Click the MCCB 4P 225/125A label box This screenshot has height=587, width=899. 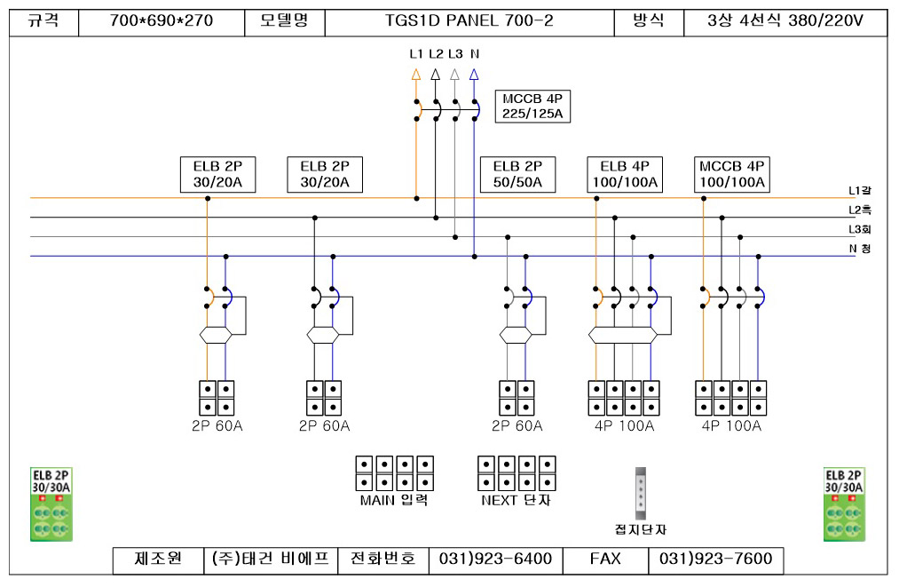point(532,107)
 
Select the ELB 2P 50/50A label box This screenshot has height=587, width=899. point(517,174)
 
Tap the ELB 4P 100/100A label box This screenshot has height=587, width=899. point(625,174)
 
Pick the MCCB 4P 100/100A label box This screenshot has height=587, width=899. point(731,174)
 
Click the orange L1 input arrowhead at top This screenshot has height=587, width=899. point(416,75)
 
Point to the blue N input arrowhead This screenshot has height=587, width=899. point(474,75)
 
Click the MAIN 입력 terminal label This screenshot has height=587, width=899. point(394,500)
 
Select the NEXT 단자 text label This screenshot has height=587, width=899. point(516,500)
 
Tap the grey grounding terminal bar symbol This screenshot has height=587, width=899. point(641,494)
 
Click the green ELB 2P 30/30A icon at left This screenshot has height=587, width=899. point(51,504)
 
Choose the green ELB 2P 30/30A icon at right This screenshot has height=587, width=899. point(844,504)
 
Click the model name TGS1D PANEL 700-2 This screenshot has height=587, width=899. point(469,21)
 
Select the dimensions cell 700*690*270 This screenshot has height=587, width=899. point(162,21)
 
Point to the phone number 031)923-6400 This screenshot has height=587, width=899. point(495,559)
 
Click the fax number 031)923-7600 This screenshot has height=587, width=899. point(715,559)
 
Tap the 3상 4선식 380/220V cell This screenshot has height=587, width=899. point(785,21)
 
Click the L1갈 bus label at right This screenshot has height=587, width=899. point(859,191)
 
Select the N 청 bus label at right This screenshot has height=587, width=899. point(859,249)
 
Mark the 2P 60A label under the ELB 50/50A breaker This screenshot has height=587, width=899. point(517,425)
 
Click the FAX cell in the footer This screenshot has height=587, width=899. point(605,559)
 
